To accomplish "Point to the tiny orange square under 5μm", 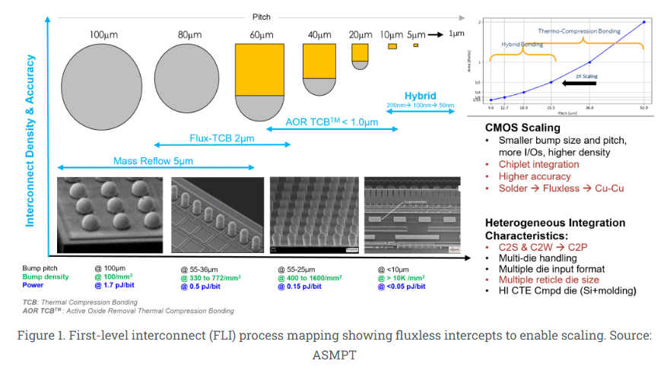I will coord(415,46).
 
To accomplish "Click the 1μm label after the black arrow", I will coord(456,34).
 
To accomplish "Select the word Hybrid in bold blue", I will coord(420,96).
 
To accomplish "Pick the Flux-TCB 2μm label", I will coord(221,138).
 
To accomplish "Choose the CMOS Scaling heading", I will coord(523,128).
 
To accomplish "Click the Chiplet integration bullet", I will coord(538,164).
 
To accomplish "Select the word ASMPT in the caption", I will coord(333,354).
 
